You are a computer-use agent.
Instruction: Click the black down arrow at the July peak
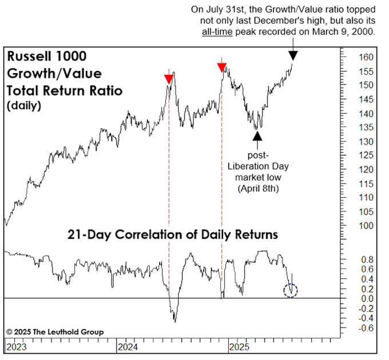[293, 55]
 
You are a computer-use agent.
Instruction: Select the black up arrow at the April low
[257, 135]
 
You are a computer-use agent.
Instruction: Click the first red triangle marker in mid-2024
[168, 79]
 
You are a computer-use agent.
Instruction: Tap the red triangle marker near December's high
[222, 68]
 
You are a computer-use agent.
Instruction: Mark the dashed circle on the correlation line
[291, 290]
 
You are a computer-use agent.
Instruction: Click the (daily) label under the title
[24, 106]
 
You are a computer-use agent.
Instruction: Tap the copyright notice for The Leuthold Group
[55, 332]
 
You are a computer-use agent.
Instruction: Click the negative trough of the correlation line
[174, 320]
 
